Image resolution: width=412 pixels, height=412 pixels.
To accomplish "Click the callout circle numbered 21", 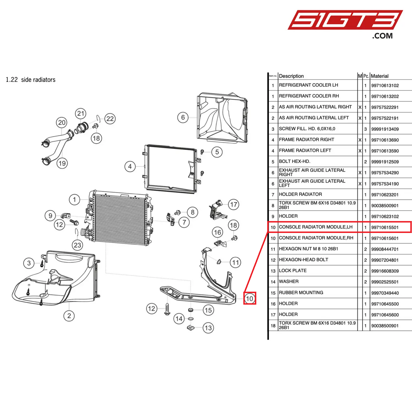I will click(x=81, y=113).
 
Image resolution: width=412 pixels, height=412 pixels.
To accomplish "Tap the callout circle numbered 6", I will click(x=183, y=117).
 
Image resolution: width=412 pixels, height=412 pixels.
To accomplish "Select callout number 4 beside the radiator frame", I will click(x=130, y=167).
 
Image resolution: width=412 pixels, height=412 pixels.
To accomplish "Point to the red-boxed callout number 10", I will click(x=249, y=299).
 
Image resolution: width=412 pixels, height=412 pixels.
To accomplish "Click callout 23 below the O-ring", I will click(x=78, y=245).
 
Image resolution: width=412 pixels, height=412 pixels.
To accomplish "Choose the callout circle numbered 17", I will click(x=234, y=204).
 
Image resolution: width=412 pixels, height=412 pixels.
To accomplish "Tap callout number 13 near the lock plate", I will click(x=208, y=328).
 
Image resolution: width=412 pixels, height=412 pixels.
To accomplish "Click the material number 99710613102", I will click(x=385, y=86).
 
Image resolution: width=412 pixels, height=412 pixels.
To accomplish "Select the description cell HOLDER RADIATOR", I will click(x=300, y=194).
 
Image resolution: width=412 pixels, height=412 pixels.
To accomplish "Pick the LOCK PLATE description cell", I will click(x=293, y=271).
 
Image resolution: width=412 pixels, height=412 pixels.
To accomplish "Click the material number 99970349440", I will click(x=385, y=293).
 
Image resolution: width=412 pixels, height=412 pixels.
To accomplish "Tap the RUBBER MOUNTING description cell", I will click(x=301, y=293).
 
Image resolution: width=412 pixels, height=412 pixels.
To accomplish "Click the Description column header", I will click(x=291, y=76).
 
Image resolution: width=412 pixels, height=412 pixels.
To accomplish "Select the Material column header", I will click(x=379, y=76).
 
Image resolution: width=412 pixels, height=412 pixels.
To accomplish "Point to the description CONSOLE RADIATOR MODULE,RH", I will click(x=316, y=238).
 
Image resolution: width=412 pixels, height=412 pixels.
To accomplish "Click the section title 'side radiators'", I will click(x=38, y=80).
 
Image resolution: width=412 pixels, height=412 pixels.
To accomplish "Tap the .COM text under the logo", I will click(x=382, y=36).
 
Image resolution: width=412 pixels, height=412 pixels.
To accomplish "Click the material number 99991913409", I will click(x=385, y=129).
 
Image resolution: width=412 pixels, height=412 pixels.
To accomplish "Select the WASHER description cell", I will click(x=289, y=282).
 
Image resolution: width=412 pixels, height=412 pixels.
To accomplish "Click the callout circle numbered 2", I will click(x=69, y=316).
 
